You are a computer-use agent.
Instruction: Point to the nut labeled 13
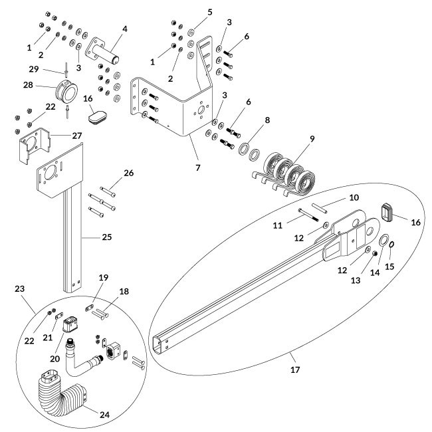coord(376,255)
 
